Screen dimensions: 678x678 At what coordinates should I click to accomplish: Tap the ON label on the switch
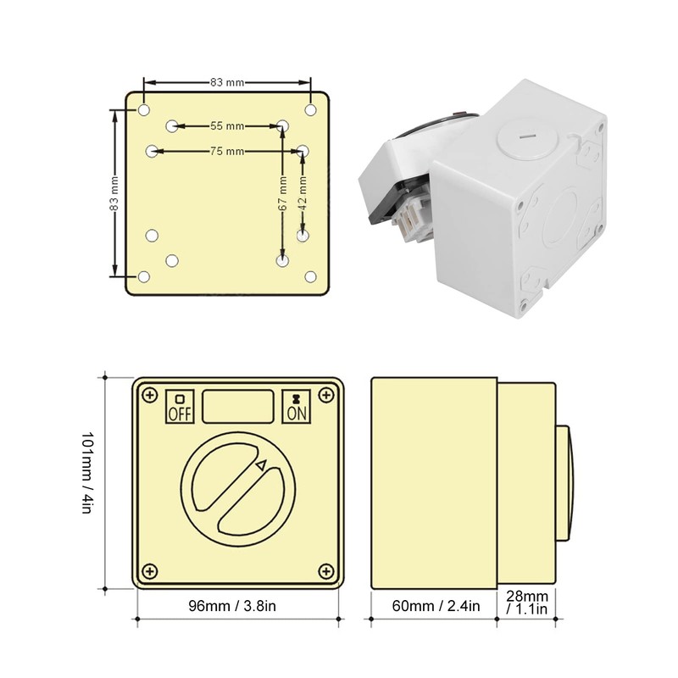[x=296, y=413]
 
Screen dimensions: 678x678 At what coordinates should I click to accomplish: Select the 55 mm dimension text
[x=227, y=125]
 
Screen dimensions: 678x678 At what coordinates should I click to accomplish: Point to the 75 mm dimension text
[x=227, y=151]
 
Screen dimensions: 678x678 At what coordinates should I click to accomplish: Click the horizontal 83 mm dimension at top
[x=227, y=82]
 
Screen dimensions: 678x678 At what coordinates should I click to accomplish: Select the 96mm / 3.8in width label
[x=238, y=606]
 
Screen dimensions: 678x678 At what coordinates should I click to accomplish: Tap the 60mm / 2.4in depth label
[x=434, y=606]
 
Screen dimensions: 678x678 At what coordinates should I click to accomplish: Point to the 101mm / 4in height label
[x=88, y=479]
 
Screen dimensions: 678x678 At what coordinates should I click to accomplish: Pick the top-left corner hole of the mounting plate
[x=144, y=110]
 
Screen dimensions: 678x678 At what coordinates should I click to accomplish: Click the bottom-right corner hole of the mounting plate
[x=310, y=277]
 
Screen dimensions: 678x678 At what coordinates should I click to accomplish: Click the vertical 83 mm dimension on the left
[x=114, y=193]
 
